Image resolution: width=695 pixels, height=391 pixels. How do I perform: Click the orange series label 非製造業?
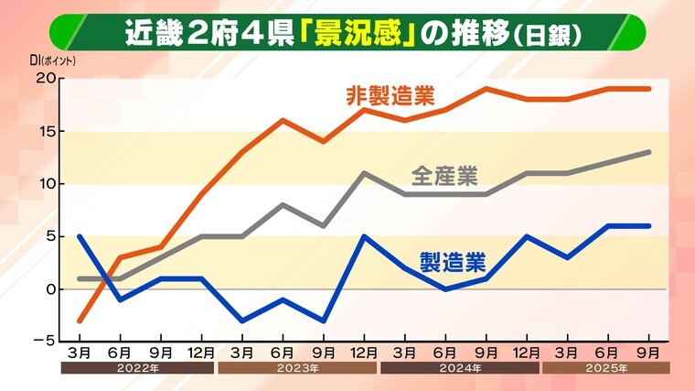pos(390,95)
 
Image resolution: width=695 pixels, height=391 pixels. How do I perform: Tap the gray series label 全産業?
pos(444,175)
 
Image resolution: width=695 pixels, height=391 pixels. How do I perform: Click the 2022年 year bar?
pos(138,368)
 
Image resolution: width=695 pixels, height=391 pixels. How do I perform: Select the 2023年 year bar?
pos(297,368)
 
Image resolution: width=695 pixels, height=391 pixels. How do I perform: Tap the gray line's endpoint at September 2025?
pos(649,152)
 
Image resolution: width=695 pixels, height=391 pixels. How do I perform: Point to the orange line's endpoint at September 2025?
pos(649,89)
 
